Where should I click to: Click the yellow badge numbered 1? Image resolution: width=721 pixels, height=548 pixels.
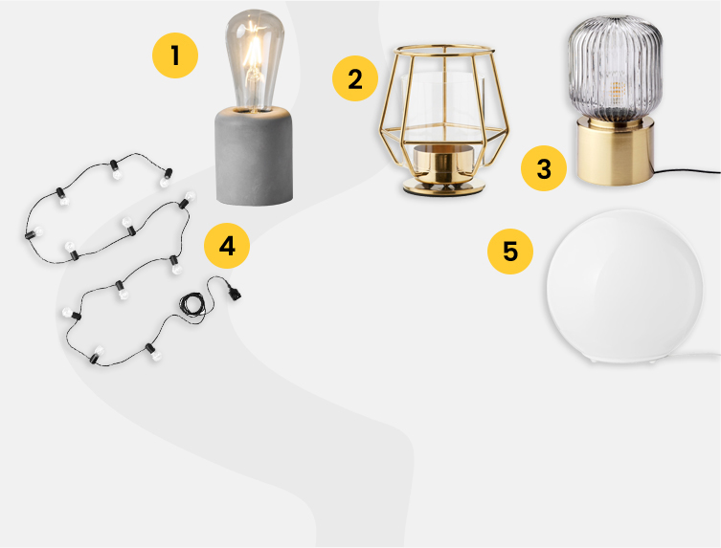(175, 55)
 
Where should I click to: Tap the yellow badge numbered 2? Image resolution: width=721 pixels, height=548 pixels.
(355, 78)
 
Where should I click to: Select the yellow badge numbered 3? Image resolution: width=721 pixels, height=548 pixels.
(544, 168)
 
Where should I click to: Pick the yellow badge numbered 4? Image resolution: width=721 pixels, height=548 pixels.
(227, 246)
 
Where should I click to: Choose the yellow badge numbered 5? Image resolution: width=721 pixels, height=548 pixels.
(510, 252)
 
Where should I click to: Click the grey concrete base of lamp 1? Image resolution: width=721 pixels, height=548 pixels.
(255, 155)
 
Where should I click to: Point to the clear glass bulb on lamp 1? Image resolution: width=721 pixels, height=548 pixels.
(255, 60)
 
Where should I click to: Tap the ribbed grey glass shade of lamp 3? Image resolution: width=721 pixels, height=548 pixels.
(616, 70)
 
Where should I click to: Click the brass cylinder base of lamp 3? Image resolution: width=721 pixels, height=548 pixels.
(616, 151)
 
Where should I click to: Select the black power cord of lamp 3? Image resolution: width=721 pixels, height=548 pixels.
(687, 171)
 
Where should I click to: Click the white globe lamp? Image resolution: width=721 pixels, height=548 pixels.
(624, 286)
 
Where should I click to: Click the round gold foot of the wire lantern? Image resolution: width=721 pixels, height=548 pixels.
(443, 186)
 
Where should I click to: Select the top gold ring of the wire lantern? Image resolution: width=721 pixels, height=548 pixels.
(444, 50)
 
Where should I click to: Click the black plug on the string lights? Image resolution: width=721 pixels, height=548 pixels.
(234, 292)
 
